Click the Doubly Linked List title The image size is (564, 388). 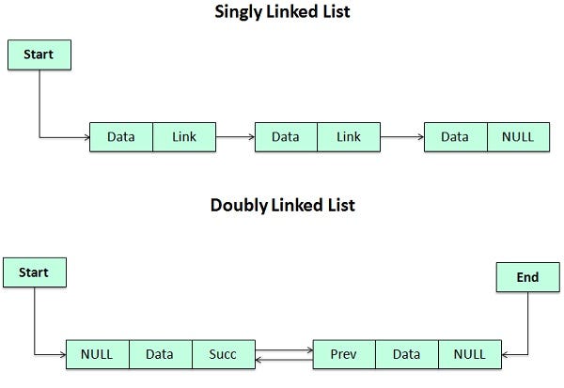click(282, 205)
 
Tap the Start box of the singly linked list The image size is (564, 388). click(39, 54)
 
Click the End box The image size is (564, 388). click(527, 277)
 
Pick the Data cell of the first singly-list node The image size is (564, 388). click(120, 137)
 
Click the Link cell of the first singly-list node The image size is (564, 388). click(184, 137)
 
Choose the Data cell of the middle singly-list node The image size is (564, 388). click(286, 137)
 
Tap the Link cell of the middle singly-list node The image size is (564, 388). click(349, 137)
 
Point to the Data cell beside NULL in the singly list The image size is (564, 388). click(455, 137)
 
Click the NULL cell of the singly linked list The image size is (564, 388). click(518, 137)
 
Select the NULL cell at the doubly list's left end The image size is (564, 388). click(97, 354)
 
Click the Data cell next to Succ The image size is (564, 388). click(159, 354)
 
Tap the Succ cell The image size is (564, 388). click(222, 354)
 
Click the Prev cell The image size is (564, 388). click(343, 354)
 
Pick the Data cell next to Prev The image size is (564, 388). click(406, 354)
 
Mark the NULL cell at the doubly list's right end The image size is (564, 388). click(469, 354)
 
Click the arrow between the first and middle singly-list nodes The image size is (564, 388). click(235, 137)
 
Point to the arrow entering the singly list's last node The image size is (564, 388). click(402, 137)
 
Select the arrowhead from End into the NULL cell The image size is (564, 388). click(507, 354)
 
